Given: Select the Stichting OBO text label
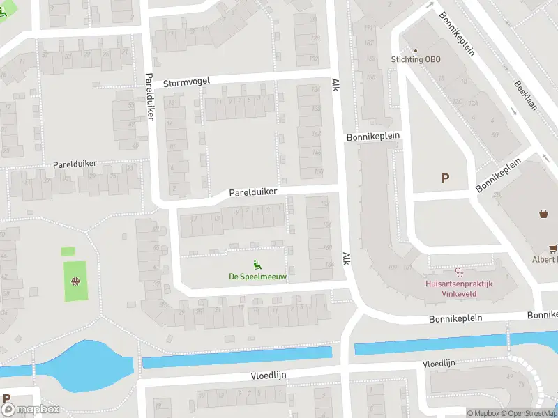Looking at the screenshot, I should [416, 59].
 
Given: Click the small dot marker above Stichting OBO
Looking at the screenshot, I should [416, 50].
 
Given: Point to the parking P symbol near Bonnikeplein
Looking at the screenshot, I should [445, 178].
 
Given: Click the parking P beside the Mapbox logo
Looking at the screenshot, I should [6, 399].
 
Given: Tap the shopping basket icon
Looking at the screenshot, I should [543, 213].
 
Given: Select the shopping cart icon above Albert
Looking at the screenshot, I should [552, 247].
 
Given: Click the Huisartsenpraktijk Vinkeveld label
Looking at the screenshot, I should [459, 289].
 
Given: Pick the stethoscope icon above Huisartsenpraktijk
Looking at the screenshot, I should [459, 272].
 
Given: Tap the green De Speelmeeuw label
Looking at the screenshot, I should [254, 277].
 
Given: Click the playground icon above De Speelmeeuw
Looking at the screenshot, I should [257, 263].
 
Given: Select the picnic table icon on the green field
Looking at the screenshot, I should [75, 281].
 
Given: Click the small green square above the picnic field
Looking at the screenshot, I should [68, 251].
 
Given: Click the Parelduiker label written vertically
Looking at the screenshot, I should [149, 96].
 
